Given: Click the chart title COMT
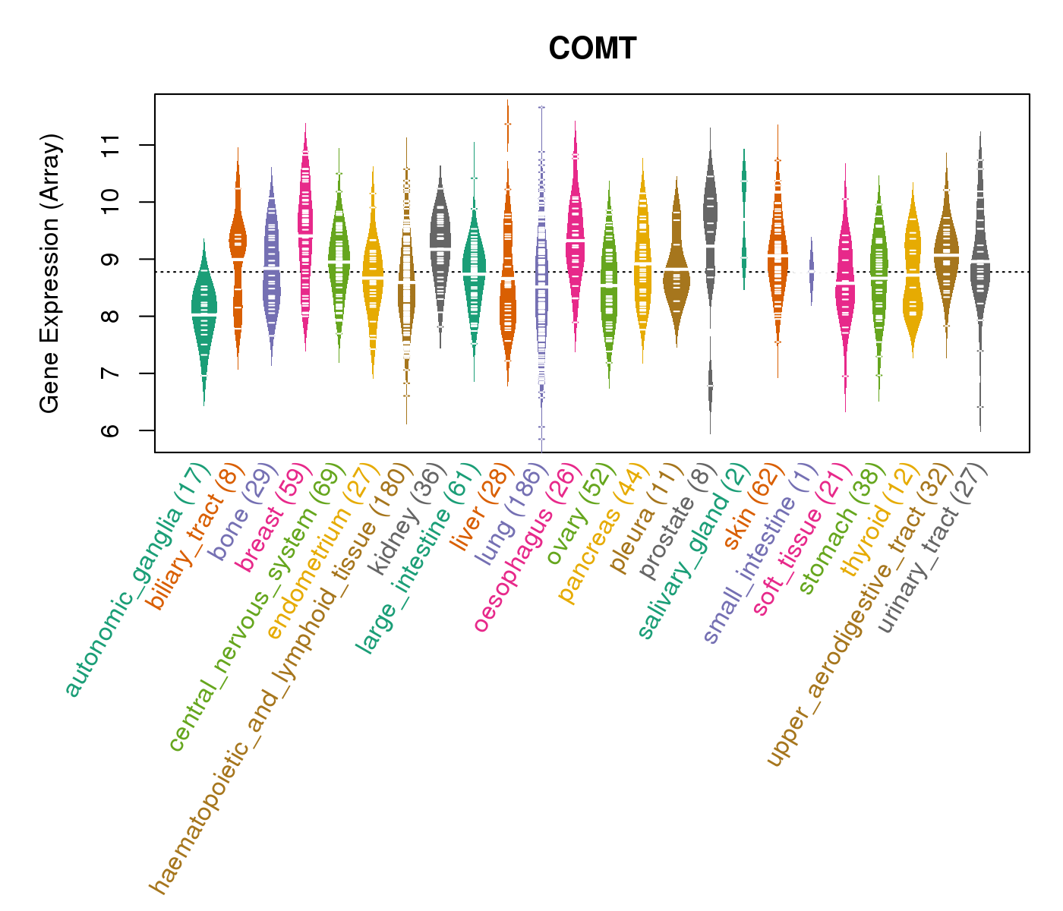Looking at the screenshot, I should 592,49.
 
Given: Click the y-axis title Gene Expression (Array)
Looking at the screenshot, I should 50,273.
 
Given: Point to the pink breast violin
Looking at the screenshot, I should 305,243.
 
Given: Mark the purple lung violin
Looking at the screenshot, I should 541,288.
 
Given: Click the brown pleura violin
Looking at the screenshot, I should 677,273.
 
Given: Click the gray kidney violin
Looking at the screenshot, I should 440,243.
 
